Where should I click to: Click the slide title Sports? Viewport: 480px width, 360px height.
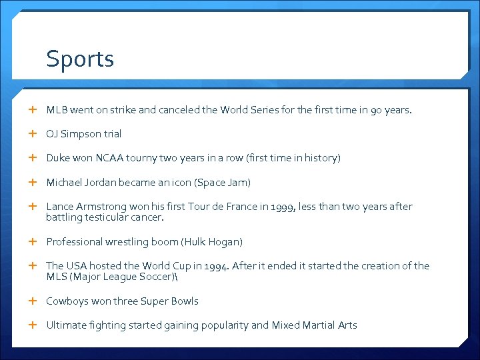click(80, 59)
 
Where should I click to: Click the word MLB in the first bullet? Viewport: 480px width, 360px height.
click(56, 110)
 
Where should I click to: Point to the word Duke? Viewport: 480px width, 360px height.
click(58, 158)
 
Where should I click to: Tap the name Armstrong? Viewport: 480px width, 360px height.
click(100, 207)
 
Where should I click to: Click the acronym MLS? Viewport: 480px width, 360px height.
click(57, 277)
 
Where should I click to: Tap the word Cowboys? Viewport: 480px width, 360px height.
click(67, 301)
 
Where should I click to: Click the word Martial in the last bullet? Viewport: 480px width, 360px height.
click(320, 325)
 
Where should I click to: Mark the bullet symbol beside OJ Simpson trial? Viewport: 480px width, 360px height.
click(33, 134)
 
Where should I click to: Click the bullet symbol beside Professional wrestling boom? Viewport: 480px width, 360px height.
click(33, 241)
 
